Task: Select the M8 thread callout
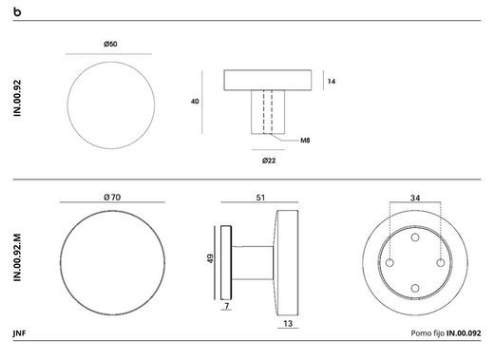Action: coord(306,141)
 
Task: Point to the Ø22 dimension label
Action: coord(269,160)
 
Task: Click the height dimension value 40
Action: coord(196,101)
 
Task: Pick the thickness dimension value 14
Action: coord(332,82)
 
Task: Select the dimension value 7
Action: coord(227,307)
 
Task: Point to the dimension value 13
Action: coord(286,324)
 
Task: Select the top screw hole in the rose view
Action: coord(415,234)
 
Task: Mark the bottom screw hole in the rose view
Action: coord(415,285)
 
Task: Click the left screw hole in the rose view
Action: coord(389,259)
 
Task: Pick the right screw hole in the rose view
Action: coord(441,259)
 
